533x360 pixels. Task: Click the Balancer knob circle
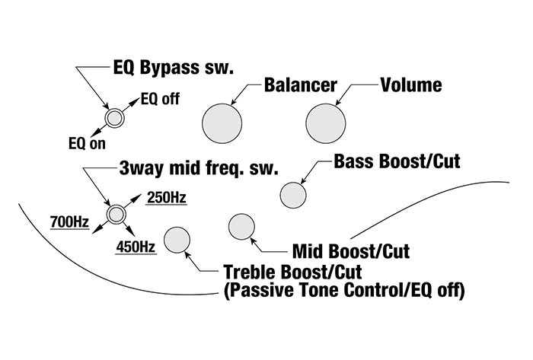[223, 122]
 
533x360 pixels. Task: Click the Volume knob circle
[327, 122]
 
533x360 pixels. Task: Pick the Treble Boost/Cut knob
[177, 240]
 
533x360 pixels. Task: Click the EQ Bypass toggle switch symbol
[115, 117]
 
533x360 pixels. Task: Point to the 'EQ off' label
[157, 98]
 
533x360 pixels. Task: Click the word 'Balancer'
[300, 84]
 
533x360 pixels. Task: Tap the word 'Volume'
[410, 84]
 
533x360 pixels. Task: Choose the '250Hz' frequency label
[166, 199]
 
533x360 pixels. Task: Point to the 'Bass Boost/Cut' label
[397, 161]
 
